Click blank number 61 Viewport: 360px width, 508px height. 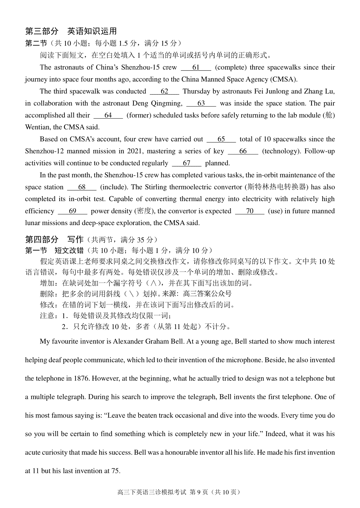pos(196,67)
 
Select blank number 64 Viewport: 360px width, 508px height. pos(108,115)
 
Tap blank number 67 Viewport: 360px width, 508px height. pos(186,163)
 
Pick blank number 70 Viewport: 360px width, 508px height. pos(250,211)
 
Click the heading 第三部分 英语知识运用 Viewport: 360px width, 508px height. pos(71,31)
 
